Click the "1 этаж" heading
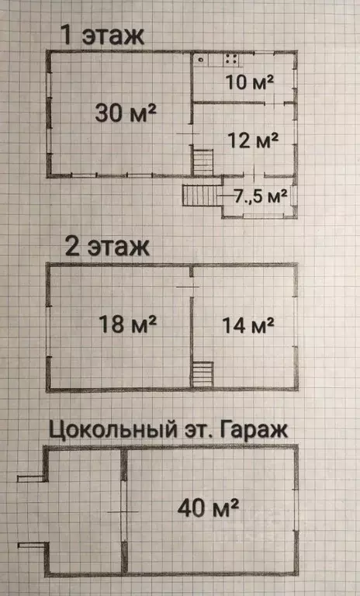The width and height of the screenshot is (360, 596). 103,36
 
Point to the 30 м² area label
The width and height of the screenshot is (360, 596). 126,113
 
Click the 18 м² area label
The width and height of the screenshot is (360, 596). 128,324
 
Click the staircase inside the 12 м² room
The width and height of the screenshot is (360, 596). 203,162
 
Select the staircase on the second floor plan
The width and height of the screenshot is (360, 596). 202,374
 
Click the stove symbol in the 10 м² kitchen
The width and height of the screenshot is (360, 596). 231,59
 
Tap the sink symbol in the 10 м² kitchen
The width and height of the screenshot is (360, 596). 200,59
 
